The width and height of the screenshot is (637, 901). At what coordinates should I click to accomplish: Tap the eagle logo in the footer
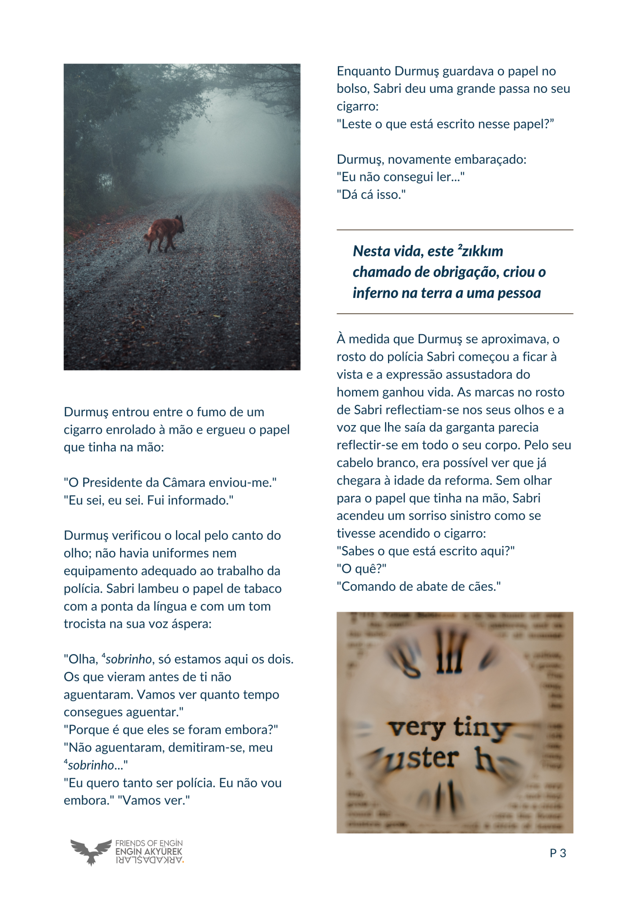91,851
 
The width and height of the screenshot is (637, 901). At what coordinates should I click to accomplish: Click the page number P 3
557,853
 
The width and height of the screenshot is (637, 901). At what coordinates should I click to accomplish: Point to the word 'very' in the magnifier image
416,728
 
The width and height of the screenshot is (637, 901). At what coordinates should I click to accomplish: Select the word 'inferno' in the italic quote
375,293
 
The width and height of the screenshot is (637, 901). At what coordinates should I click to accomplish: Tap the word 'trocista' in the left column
85,624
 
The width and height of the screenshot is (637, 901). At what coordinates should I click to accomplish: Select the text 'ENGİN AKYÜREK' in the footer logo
148,852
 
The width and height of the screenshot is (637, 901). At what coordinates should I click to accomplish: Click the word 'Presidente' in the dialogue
112,483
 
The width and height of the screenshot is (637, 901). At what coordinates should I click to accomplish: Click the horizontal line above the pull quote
454,230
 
